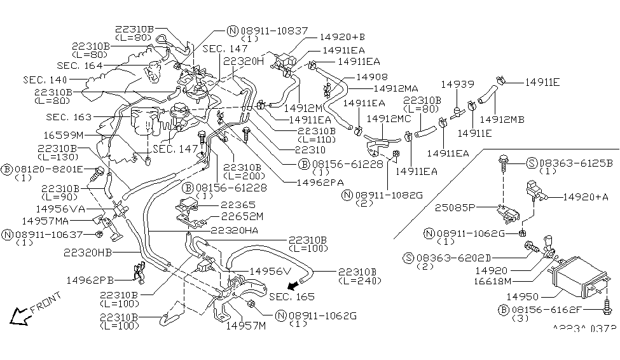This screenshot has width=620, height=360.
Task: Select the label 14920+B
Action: pyautogui.click(x=344, y=37)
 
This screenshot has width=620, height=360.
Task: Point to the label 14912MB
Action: pyautogui.click(x=502, y=119)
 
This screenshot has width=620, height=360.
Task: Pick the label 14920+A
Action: pyautogui.click(x=586, y=197)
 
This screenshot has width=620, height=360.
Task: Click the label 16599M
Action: pyautogui.click(x=64, y=135)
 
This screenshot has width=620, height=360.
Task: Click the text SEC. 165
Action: pyautogui.click(x=291, y=297)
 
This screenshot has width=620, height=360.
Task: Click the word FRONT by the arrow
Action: pyautogui.click(x=45, y=303)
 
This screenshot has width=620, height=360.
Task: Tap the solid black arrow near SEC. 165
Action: pyautogui.click(x=292, y=284)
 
